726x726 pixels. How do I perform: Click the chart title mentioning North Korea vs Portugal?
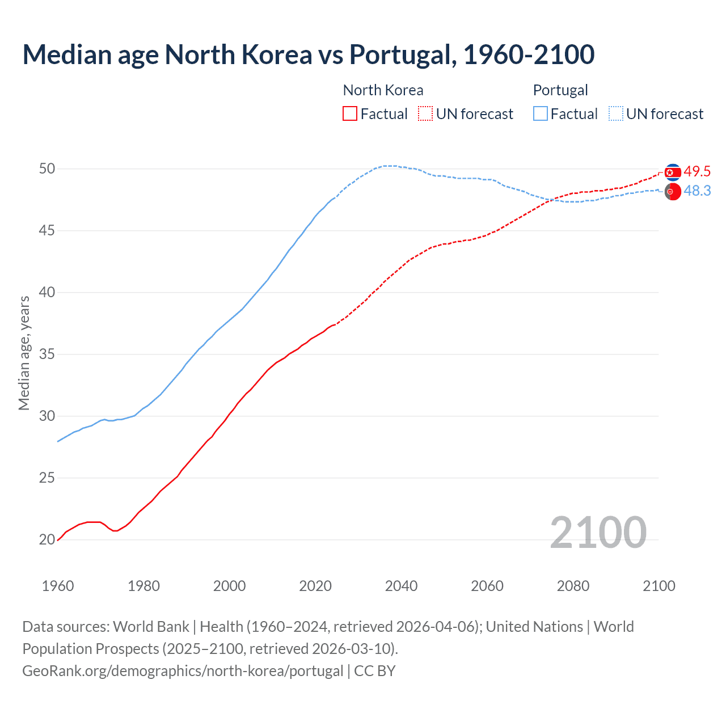point(309,54)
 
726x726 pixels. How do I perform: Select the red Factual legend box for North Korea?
point(350,113)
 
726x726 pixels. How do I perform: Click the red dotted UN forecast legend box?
point(425,113)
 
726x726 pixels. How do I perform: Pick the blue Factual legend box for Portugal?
point(541,113)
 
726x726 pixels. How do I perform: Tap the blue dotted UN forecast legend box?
point(616,113)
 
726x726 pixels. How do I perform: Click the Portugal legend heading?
point(560,90)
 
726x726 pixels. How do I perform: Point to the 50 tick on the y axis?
point(47,169)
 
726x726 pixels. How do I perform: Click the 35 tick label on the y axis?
point(47,354)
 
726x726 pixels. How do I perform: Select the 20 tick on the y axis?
point(47,540)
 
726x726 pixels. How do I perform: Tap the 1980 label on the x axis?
point(143,586)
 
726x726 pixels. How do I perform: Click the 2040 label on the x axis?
point(401,586)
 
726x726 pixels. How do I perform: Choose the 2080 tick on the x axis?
point(573,586)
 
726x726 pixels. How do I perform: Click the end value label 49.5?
point(697,172)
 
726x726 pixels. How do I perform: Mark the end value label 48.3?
point(697,191)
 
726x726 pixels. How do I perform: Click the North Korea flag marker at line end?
point(673,172)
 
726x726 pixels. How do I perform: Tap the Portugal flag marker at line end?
point(673,192)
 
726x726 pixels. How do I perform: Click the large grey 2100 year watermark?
point(598,532)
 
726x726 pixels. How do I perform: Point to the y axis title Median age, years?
point(24,353)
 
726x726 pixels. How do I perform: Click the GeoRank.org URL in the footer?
point(183,671)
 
